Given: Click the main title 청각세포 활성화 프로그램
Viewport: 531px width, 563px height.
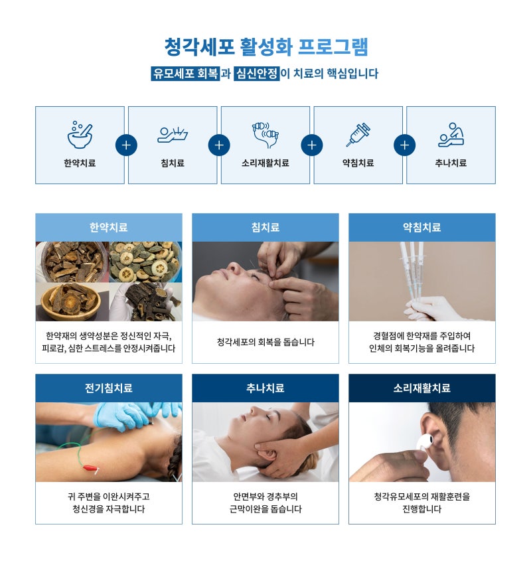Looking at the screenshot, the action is click(266, 46).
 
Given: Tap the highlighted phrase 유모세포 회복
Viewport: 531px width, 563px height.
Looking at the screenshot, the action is click(185, 74).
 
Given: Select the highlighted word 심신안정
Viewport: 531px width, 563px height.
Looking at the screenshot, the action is click(256, 74).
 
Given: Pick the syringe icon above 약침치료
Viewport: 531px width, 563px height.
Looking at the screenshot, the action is click(358, 134).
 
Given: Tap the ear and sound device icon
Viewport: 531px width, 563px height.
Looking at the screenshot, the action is click(265, 135).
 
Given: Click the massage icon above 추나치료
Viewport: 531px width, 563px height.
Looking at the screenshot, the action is click(451, 135).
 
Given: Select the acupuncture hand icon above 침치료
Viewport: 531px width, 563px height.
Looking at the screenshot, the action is click(173, 135).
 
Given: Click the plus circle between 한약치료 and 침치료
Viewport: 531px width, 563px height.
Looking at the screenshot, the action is click(126, 145).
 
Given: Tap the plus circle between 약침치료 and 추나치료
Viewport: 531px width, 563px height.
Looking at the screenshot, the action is click(405, 145).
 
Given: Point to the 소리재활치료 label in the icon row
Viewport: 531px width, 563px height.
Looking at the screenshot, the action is click(265, 163).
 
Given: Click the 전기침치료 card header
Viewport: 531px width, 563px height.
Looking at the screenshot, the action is click(109, 388).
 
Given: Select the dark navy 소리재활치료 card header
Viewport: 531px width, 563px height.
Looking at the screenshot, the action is click(422, 388).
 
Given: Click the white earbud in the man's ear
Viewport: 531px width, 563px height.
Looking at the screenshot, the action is click(425, 442).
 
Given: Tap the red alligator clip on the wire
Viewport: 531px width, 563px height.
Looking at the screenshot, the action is click(90, 468).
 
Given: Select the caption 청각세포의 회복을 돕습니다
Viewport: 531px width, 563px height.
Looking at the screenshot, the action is click(265, 342).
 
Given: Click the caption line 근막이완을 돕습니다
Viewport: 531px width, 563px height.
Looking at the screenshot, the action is click(265, 509).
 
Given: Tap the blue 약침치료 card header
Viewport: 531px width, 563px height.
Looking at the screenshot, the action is click(422, 227).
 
